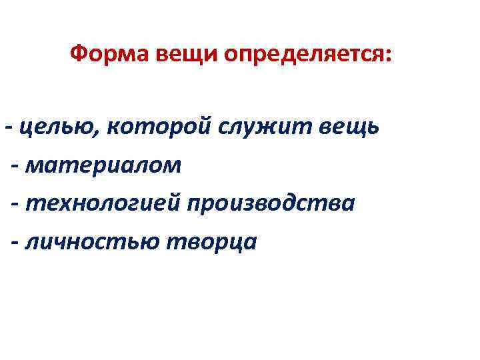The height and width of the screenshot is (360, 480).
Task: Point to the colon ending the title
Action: tap(389, 55)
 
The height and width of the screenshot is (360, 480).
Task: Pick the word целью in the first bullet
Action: tap(59, 126)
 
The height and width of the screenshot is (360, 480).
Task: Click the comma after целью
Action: tap(101, 131)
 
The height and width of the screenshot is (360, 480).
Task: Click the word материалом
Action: tap(103, 165)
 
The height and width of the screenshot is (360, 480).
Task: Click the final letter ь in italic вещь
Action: tap(374, 127)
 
